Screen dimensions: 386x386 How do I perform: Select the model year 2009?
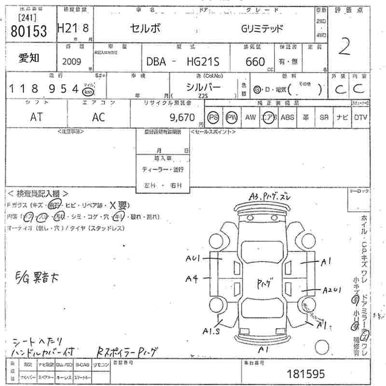click(72, 61)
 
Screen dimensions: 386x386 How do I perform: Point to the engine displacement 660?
click(255, 61)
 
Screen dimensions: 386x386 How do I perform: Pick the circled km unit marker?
click(88, 91)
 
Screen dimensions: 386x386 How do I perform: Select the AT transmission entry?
click(36, 117)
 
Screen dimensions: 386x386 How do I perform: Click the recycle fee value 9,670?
click(182, 117)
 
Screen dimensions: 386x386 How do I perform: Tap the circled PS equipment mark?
click(213, 117)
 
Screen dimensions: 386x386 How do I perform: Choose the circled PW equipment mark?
click(232, 117)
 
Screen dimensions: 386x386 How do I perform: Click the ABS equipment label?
click(287, 117)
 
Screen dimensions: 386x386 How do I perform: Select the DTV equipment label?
click(360, 117)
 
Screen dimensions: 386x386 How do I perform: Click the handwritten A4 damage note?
click(192, 278)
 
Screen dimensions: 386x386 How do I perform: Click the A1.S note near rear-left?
click(211, 331)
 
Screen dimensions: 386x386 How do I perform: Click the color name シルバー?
click(204, 87)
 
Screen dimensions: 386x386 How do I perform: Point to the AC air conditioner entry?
click(99, 117)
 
